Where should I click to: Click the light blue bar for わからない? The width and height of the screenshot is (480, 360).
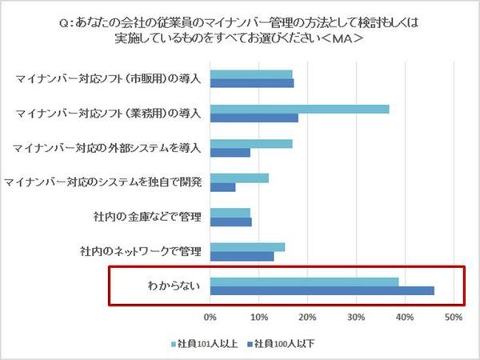[x=304, y=282]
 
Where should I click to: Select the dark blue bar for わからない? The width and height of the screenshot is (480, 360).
[x=322, y=290]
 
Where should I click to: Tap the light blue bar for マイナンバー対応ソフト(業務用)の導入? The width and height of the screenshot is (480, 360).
[x=299, y=109]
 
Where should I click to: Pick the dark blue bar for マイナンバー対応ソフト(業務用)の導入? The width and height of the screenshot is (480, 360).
[x=254, y=118]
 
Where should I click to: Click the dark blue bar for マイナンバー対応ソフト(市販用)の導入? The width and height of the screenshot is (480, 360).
[x=252, y=83]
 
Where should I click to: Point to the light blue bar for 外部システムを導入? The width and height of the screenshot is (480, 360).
[x=251, y=144]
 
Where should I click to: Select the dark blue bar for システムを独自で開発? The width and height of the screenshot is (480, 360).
[x=222, y=187]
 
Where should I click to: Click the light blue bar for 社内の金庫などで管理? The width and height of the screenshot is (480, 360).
[x=230, y=213]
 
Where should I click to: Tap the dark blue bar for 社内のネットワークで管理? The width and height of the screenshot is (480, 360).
[x=242, y=256]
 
